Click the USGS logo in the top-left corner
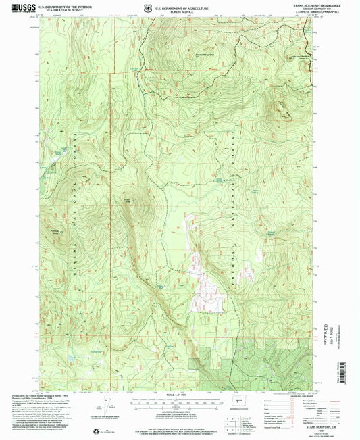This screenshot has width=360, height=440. pos(16,7)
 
